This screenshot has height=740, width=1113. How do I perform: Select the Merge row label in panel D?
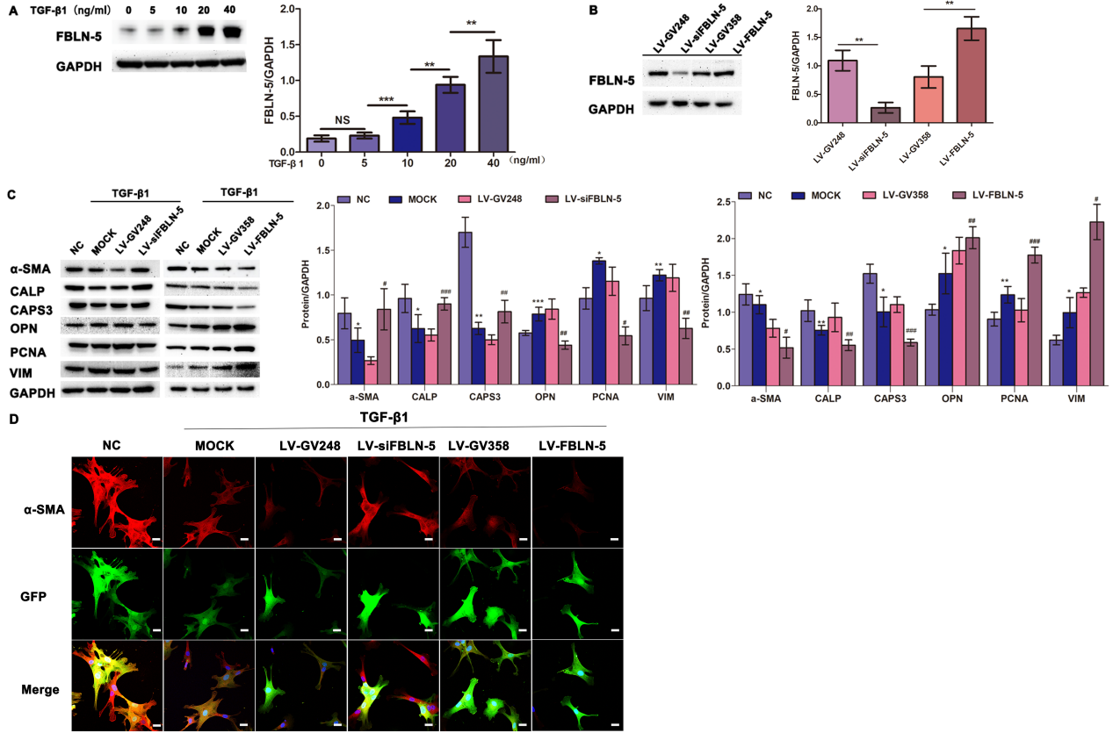click(40, 689)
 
